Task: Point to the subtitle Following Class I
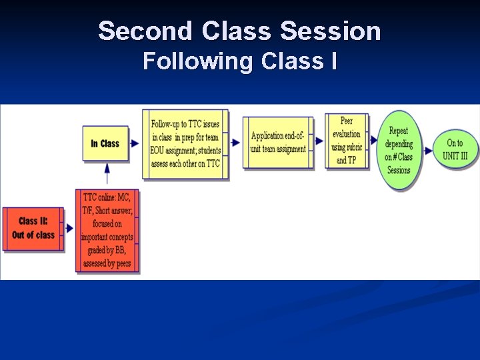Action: (x=239, y=61)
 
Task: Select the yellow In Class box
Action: (x=105, y=143)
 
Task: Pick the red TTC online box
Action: (x=107, y=231)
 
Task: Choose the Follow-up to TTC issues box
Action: (x=185, y=144)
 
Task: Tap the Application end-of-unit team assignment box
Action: (x=278, y=143)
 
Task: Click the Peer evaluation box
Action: (x=347, y=141)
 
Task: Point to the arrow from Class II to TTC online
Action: (x=69, y=228)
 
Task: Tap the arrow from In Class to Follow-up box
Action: (x=135, y=143)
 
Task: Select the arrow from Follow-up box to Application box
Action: (x=235, y=141)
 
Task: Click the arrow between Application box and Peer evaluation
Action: (x=319, y=141)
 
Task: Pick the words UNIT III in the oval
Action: (x=455, y=156)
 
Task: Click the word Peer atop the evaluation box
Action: (x=347, y=121)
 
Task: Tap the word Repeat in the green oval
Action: (x=399, y=131)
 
